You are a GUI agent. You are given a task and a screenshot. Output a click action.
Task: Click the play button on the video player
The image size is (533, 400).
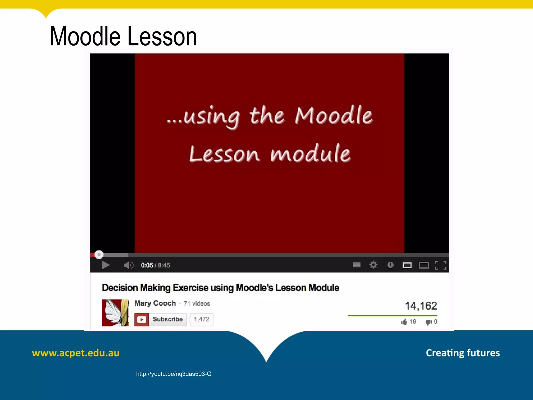pos(106,265)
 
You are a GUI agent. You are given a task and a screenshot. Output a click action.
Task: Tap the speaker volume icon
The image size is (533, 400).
pos(128,265)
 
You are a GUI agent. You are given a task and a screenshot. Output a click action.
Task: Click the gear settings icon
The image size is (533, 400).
pos(373,265)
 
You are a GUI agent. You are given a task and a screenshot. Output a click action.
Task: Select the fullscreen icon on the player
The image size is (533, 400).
pos(441,265)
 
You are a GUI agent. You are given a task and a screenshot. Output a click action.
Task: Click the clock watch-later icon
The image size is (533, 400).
pos(390,265)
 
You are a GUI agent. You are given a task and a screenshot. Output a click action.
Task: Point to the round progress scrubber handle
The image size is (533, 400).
pos(99,254)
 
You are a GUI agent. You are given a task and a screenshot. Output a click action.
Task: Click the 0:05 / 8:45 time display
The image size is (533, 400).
pos(155,265)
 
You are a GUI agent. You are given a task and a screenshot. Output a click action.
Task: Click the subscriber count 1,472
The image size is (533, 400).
pos(201,320)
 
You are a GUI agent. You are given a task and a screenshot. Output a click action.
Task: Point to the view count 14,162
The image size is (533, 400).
pos(421,306)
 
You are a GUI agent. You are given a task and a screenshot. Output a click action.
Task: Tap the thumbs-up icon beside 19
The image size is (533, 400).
pos(404,322)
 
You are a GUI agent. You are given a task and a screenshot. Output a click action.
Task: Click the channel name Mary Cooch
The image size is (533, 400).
pos(155,303)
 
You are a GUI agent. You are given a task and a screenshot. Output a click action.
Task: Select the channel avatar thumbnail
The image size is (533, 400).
pos(115,313)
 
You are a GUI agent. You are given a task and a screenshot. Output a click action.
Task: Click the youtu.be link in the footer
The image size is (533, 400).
pos(174,374)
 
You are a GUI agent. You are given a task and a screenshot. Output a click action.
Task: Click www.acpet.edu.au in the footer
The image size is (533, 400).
pos(75,353)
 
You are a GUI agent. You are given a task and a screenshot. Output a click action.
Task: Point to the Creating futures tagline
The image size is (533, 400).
pos(463,353)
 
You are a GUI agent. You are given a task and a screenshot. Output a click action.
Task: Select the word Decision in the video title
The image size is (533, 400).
pos(120,288)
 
